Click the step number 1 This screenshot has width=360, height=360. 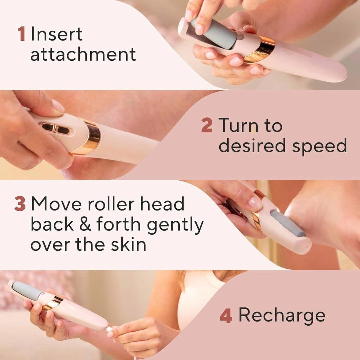21,35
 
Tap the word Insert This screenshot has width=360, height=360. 56,35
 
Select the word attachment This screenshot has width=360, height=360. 83,54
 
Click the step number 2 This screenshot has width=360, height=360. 207,126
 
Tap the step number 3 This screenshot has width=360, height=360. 20,204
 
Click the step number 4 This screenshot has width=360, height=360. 226,315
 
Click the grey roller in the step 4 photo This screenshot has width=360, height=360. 27,290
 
